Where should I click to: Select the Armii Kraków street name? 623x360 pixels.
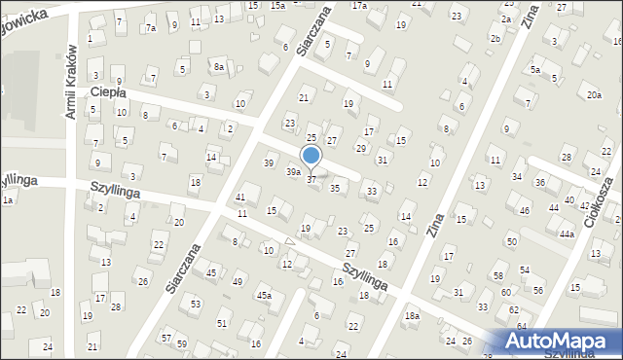(x=70, y=83)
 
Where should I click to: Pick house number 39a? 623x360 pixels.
(x=292, y=171)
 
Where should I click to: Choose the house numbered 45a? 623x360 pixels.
(x=263, y=294)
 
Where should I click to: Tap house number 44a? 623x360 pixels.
(x=567, y=234)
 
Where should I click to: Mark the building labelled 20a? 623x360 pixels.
(x=594, y=94)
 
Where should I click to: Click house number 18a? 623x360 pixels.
(x=412, y=315)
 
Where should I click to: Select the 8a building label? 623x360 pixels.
(x=220, y=66)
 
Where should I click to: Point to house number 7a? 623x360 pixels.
(x=150, y=28)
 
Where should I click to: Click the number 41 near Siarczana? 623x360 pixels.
(x=240, y=198)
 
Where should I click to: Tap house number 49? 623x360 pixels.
(x=238, y=281)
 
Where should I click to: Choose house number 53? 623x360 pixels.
(x=196, y=305)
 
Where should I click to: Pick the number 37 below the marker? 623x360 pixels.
(x=311, y=180)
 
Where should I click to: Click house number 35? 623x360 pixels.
(x=335, y=188)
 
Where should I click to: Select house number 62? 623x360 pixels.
(x=514, y=309)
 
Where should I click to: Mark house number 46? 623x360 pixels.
(x=524, y=210)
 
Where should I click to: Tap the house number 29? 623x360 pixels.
(x=361, y=148)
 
